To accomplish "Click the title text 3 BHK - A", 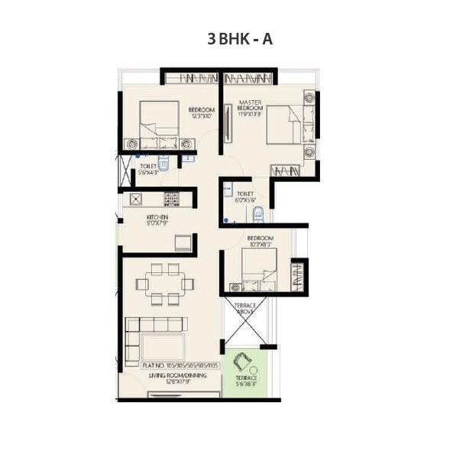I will [239, 39].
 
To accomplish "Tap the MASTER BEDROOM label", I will [250, 106].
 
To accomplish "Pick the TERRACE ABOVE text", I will [247, 307].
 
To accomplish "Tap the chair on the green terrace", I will [245, 362].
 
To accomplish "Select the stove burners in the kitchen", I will [171, 199].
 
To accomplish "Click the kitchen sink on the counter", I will [136, 199].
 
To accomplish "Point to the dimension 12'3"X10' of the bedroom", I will [202, 116].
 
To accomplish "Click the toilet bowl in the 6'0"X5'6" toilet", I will [258, 213].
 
